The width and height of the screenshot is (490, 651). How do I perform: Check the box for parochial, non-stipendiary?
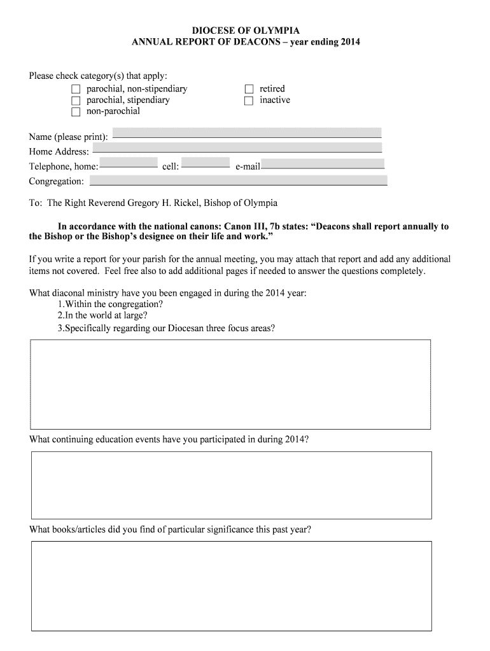tap(76, 89)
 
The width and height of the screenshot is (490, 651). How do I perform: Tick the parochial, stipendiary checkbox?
tap(76, 100)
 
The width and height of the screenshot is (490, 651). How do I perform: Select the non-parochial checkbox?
tap(76, 112)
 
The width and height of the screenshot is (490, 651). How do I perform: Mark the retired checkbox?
tap(249, 89)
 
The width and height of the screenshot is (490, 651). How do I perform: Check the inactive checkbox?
tap(249, 100)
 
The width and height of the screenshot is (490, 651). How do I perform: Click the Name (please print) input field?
tap(247, 132)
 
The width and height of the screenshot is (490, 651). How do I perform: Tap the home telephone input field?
tap(129, 162)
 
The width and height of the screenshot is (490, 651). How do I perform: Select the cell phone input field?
tap(206, 162)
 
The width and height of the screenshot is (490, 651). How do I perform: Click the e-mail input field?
tap(323, 163)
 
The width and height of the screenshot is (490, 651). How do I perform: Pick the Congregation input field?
tap(239, 181)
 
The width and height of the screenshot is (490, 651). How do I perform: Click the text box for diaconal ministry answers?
tap(230, 384)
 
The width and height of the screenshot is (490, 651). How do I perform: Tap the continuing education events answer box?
tap(231, 485)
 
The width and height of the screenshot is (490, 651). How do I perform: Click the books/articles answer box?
tap(231, 586)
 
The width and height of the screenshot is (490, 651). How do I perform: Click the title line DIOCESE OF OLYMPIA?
tap(246, 31)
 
